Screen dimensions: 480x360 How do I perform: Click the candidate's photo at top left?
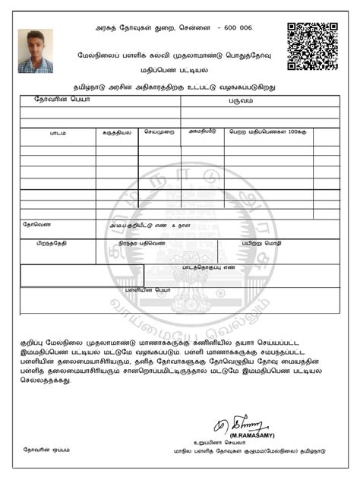coord(35,51)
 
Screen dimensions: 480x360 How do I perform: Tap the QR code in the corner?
coord(311,46)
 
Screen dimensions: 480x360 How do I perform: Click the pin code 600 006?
coord(235,28)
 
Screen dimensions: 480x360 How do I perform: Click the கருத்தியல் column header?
coord(116,133)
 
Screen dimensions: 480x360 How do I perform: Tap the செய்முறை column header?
coord(159,132)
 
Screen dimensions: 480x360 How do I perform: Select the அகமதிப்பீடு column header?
coord(202,132)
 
